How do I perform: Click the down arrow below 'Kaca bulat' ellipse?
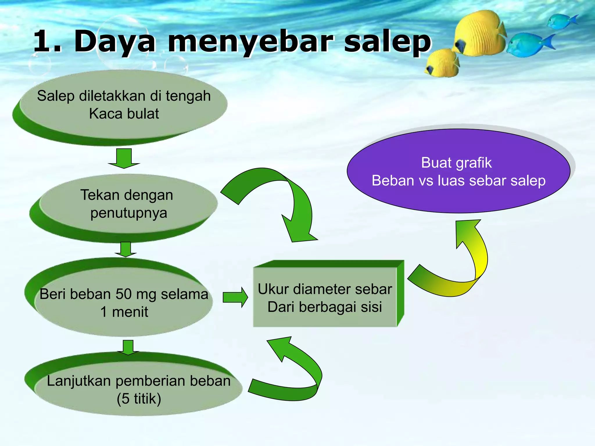click(x=124, y=158)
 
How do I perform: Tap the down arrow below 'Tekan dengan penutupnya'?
click(x=126, y=249)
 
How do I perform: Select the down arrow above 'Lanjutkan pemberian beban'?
click(x=128, y=347)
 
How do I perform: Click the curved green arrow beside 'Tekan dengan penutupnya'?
click(x=279, y=197)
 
